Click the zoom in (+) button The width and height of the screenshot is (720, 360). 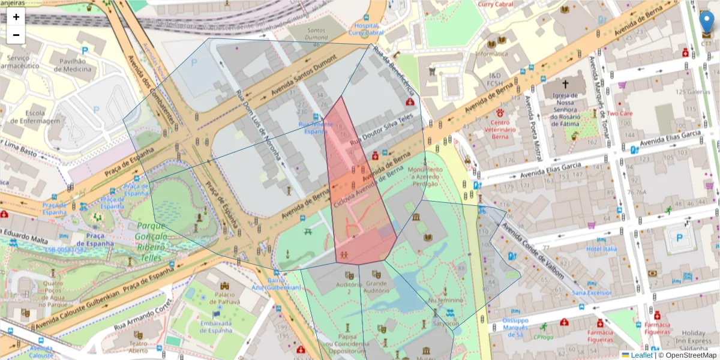tap(16, 17)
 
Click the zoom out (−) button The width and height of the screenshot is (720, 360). tap(16, 35)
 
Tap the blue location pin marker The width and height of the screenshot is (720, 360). tap(707, 22)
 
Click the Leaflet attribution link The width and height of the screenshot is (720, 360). tap(641, 355)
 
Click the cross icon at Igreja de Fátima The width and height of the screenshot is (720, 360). tap(565, 85)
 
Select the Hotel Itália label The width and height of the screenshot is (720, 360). tap(601, 249)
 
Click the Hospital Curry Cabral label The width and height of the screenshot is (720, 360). tap(365, 29)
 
